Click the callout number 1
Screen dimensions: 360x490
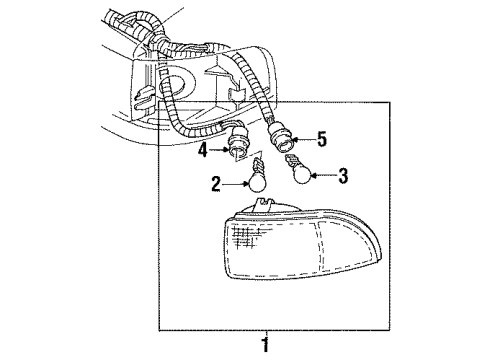coord(264,345)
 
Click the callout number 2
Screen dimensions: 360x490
coord(215,185)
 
